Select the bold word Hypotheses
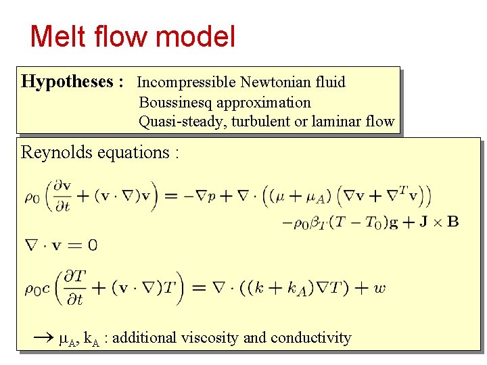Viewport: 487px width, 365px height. click(67, 82)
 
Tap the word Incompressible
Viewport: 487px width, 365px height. click(186, 82)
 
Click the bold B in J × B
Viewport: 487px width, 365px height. click(453, 221)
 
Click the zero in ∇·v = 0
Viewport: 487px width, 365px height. click(92, 245)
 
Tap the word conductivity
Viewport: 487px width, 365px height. click(310, 337)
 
